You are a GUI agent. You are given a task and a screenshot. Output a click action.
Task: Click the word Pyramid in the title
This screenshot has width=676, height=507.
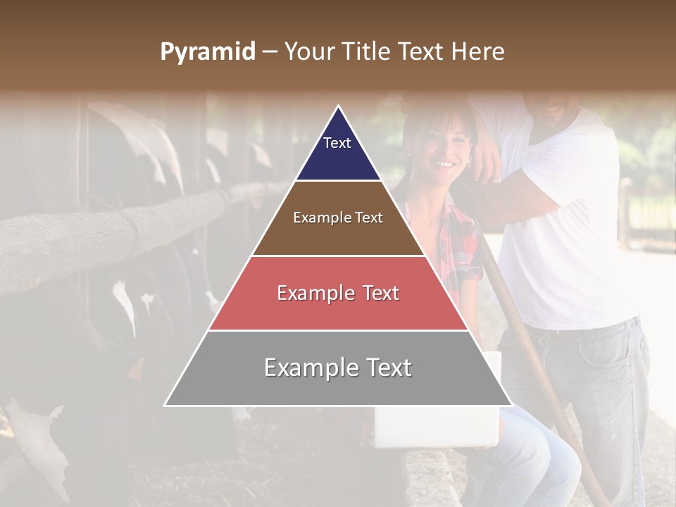click(x=207, y=52)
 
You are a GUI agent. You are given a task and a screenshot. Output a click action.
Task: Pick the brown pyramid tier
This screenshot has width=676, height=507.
click(x=338, y=232)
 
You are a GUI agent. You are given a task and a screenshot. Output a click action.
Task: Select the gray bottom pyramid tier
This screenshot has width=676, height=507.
click(x=338, y=380)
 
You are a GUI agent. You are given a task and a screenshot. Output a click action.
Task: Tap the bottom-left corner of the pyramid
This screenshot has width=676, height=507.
click(x=166, y=405)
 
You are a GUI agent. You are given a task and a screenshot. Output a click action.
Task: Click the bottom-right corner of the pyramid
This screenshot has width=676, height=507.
click(x=511, y=405)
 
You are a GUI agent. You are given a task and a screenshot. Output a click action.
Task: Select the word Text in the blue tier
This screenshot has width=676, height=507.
click(x=337, y=143)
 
